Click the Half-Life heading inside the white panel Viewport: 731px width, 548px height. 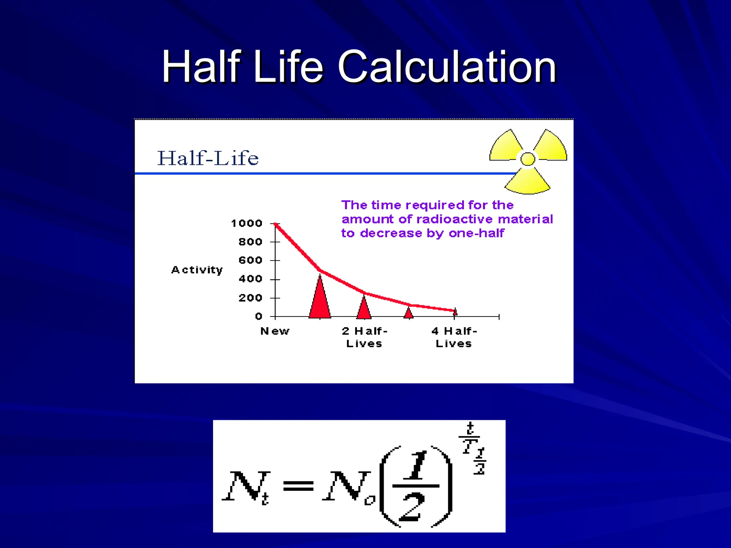click(208, 158)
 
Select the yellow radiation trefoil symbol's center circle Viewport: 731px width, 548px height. click(528, 159)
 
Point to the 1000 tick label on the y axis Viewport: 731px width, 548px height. click(247, 224)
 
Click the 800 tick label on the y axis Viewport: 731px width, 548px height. click(250, 242)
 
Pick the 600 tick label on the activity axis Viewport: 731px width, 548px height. click(250, 260)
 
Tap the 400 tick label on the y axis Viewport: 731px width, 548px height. click(250, 279)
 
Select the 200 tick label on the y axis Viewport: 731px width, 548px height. click(250, 298)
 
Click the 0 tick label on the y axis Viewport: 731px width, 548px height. click(258, 316)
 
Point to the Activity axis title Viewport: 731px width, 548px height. click(197, 270)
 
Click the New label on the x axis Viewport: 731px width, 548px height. click(275, 331)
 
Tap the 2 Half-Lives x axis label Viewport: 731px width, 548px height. click(364, 337)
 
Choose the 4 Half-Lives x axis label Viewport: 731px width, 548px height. click(454, 337)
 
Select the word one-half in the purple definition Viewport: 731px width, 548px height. click(477, 233)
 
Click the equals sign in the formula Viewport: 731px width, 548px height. click(298, 486)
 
